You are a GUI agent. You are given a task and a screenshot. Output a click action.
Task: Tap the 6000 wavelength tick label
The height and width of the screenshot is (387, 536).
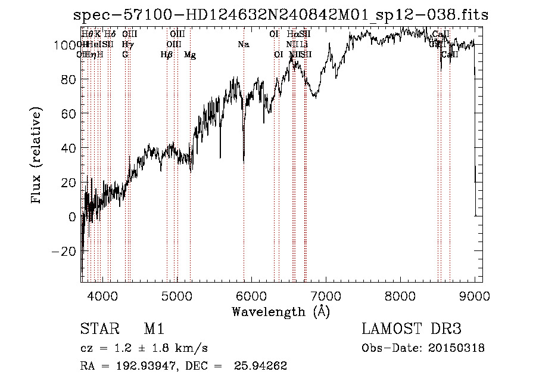point(251,296)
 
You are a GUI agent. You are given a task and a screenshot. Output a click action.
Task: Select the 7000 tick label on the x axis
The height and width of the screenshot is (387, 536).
point(326,296)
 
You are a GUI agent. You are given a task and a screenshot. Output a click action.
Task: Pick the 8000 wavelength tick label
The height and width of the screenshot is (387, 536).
point(400,296)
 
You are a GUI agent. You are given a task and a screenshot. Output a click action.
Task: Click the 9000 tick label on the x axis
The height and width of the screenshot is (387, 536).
point(475,296)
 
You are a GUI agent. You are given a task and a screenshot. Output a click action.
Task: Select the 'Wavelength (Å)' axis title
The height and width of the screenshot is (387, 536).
point(281,311)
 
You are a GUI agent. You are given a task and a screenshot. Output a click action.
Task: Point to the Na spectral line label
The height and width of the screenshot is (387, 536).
point(243,45)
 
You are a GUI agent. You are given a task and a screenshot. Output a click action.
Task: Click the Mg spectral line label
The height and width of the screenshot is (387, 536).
point(190,55)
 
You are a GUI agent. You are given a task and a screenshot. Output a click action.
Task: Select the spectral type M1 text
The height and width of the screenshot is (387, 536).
point(154,329)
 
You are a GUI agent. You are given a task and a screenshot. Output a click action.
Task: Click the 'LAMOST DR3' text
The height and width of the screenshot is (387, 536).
point(412,329)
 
